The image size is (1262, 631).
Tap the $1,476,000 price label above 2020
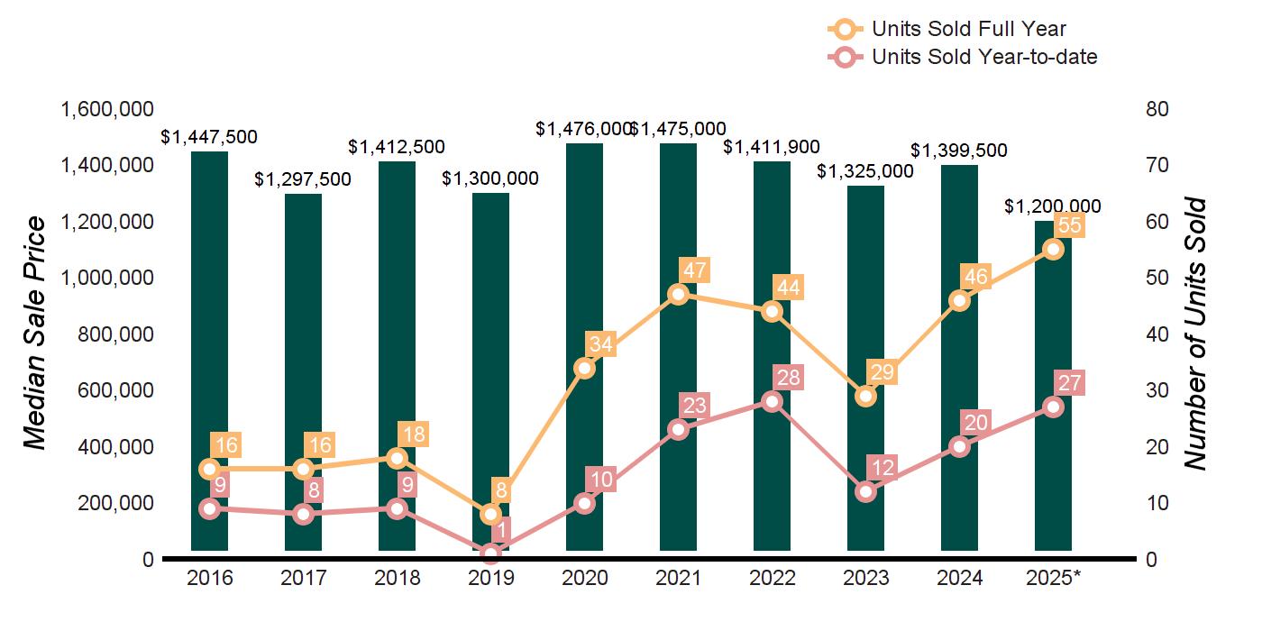pos(583,129)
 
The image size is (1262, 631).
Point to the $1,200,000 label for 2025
pos(1052,206)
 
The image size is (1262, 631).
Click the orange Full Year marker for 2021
pos(678,294)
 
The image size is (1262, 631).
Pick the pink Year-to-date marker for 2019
pos(490,553)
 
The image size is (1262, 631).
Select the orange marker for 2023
pos(865,396)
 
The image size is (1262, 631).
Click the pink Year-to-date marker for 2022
pos(772,401)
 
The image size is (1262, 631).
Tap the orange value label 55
pos(1069,224)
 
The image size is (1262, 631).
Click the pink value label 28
pos(788,378)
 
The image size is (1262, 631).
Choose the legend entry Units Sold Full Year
pos(969,29)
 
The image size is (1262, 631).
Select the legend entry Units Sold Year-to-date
pos(984,57)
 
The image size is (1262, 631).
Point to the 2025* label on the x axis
pos(1053,578)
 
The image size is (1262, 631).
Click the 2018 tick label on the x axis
pos(397,578)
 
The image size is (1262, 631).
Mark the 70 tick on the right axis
pos(1157,165)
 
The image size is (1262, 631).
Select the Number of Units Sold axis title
pos(1195,334)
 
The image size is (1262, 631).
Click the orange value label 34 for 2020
pos(600,344)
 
